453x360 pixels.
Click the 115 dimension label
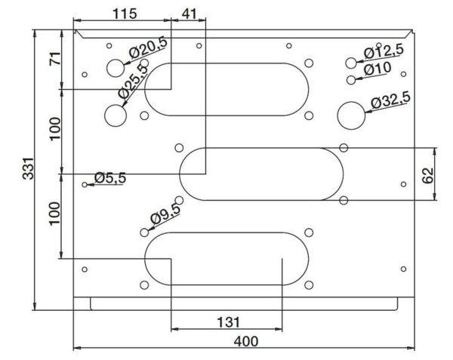[x=125, y=14]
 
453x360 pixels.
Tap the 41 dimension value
[x=190, y=14]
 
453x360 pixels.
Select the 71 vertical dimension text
[x=55, y=58]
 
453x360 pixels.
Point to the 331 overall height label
[x=29, y=168]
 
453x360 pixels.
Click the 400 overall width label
[x=246, y=342]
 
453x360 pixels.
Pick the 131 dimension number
[x=228, y=322]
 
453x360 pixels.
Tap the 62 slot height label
[x=428, y=175]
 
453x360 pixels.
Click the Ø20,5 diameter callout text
[x=149, y=48]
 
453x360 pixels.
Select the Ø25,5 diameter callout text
[x=133, y=81]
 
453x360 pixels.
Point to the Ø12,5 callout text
[x=384, y=51]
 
